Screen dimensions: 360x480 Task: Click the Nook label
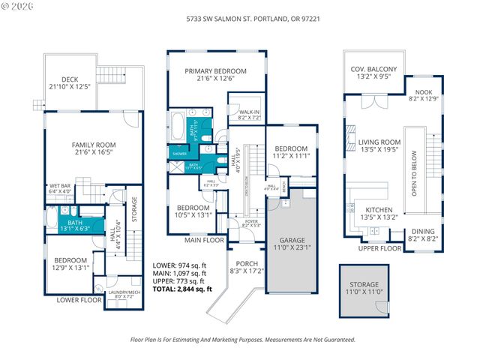(x=424, y=94)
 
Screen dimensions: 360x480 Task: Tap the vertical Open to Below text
(x=414, y=175)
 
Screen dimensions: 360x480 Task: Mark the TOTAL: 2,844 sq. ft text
(x=181, y=288)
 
